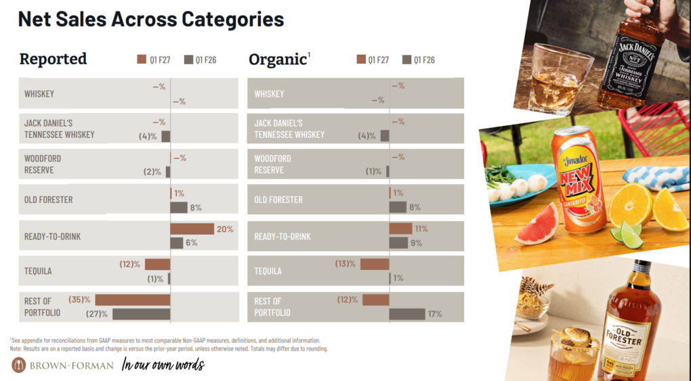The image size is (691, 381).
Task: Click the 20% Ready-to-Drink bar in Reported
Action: click(192, 229)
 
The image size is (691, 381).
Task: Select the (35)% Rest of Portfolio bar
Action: click(133, 300)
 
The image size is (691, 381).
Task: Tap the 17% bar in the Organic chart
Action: click(407, 314)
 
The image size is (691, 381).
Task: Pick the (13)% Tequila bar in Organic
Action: click(375, 264)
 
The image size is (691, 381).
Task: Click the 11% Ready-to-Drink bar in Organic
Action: click(400, 229)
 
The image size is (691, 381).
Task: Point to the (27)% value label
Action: click(97, 314)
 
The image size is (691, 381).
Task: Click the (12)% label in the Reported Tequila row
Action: click(129, 265)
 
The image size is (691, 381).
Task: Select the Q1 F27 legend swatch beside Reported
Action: click(142, 60)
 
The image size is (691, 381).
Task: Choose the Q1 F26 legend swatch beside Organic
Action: click(406, 60)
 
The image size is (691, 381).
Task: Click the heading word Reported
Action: click(53, 59)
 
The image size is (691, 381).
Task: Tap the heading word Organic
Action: click(278, 60)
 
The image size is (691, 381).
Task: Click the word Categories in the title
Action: click(232, 20)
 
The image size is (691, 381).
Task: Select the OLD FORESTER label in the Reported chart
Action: click(49, 200)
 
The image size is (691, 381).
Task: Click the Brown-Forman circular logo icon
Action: click(18, 365)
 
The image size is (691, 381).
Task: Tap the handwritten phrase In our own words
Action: click(163, 365)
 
